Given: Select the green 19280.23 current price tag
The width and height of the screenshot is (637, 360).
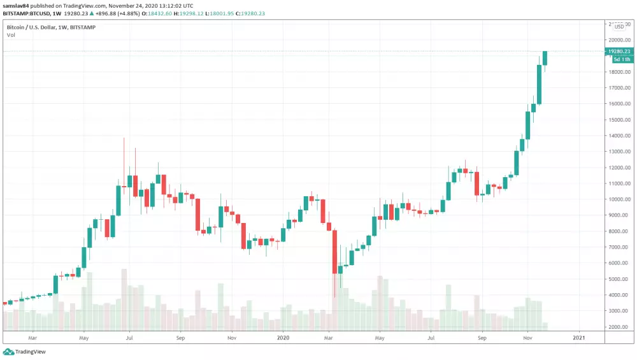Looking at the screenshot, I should (x=619, y=51).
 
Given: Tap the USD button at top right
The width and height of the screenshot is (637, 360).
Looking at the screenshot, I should (x=619, y=26).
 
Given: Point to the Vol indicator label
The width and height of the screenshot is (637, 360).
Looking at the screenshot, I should (x=11, y=35).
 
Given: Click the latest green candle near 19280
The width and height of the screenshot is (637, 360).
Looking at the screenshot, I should (x=545, y=58).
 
